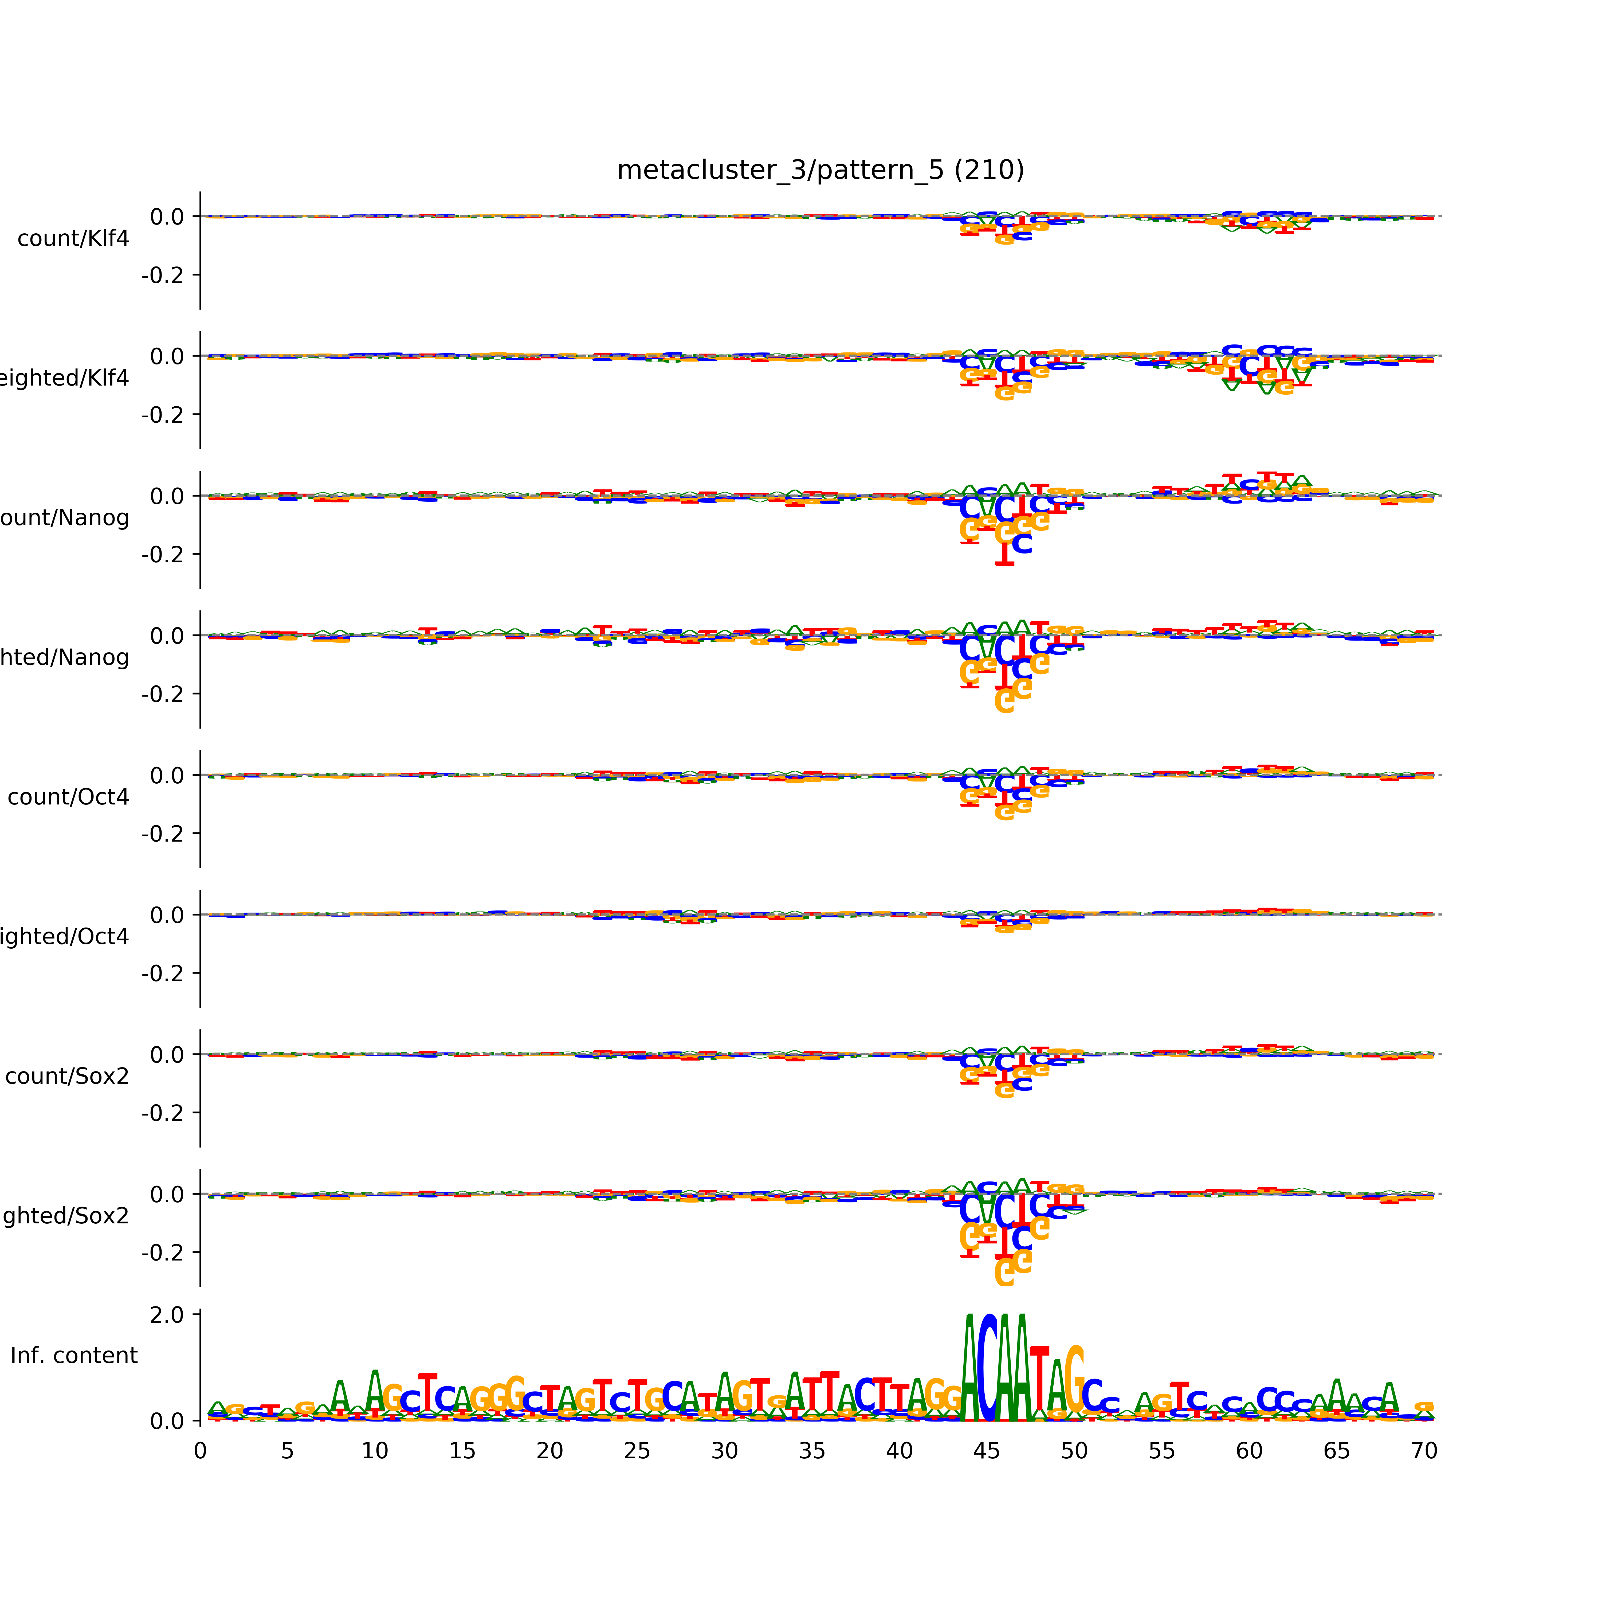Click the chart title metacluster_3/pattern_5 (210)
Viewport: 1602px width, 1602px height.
pyautogui.click(x=820, y=170)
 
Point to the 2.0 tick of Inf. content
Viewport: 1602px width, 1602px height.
pyautogui.click(x=167, y=1315)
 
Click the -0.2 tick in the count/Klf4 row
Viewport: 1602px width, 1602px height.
pyautogui.click(x=163, y=275)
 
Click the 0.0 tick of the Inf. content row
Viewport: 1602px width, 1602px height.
pyautogui.click(x=167, y=1421)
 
